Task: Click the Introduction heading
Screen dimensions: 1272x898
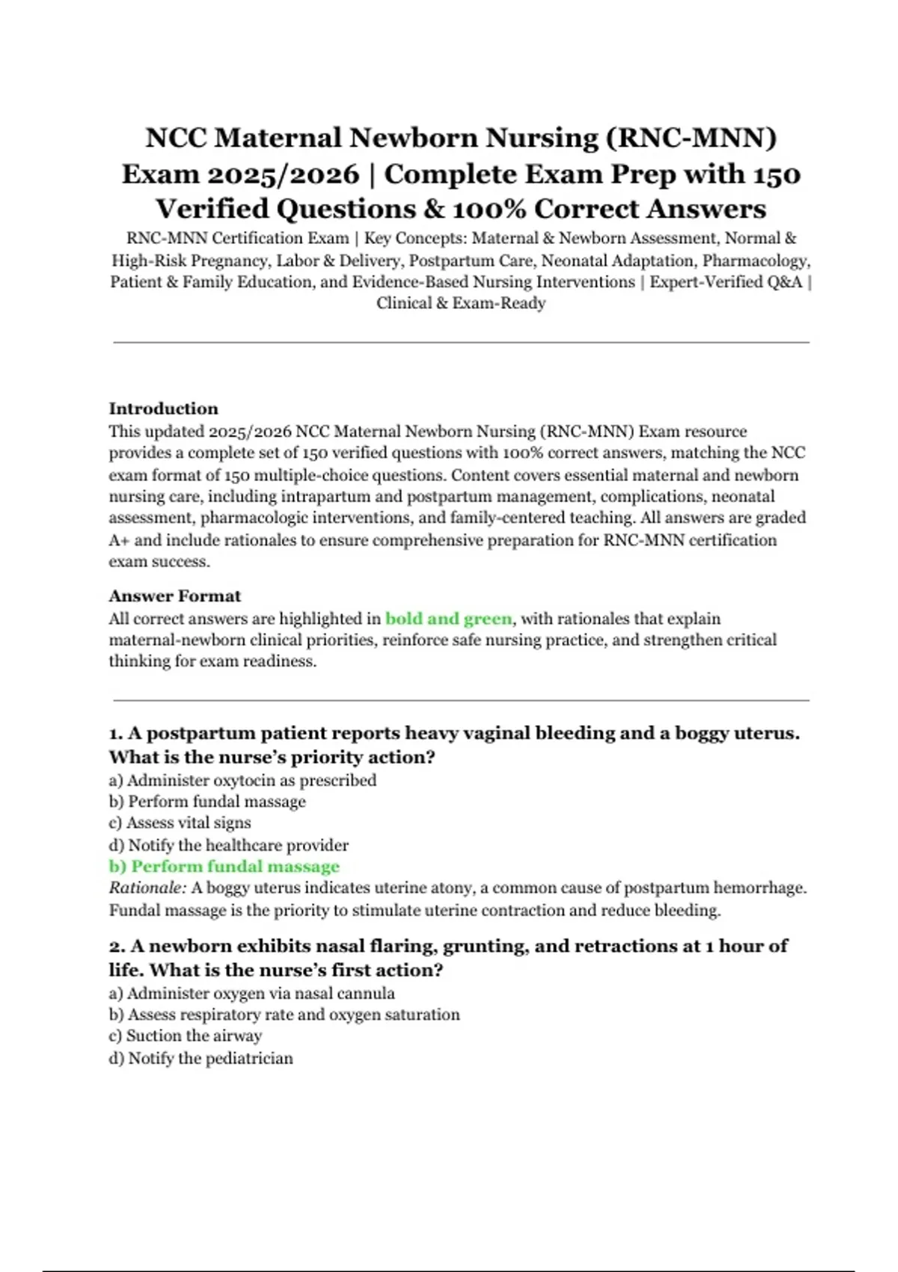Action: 163,409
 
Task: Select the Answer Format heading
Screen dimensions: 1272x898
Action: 174,596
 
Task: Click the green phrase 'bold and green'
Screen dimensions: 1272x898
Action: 448,619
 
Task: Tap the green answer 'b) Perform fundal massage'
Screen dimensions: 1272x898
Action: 224,866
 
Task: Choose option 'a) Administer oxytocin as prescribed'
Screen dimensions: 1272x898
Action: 242,780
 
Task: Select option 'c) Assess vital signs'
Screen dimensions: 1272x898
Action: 180,823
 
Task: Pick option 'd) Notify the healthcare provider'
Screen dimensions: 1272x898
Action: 228,846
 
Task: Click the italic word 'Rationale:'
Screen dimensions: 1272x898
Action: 147,888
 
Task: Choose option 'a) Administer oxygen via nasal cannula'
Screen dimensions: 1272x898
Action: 251,994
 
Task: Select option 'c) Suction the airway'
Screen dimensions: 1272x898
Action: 185,1036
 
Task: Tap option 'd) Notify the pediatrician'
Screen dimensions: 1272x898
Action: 201,1059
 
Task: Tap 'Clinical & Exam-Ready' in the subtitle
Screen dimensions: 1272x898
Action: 461,303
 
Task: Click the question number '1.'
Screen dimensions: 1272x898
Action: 116,733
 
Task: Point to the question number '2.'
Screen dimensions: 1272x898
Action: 117,947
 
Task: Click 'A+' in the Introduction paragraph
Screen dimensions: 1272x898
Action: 119,540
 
